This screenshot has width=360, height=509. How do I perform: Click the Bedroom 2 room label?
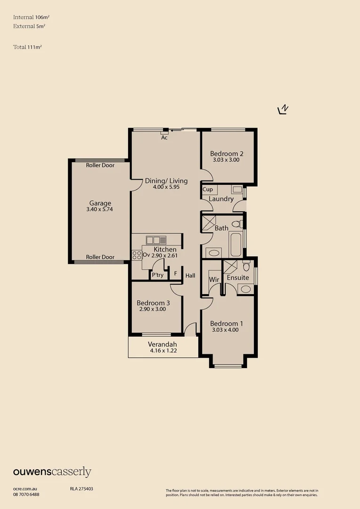[227, 154]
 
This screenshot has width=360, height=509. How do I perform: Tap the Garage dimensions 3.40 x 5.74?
[100, 209]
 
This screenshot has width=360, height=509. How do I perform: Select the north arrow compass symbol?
[283, 110]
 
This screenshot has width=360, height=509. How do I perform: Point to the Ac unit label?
[164, 138]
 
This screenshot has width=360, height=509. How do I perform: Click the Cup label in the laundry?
[207, 189]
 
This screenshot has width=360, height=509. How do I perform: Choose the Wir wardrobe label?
[214, 279]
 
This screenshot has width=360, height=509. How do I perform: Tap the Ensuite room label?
[238, 278]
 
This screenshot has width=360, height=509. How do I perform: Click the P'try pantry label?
[157, 275]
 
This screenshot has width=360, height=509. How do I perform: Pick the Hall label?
[190, 276]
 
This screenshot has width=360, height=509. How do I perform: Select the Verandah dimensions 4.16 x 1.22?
[163, 351]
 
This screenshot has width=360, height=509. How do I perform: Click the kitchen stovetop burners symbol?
[137, 255]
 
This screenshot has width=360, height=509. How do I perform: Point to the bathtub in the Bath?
[235, 243]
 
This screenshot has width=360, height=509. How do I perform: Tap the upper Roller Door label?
[100, 165]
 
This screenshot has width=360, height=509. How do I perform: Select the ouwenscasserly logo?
[52, 472]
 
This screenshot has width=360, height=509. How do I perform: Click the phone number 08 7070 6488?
[26, 494]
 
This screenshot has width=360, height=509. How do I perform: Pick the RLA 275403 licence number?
[78, 489]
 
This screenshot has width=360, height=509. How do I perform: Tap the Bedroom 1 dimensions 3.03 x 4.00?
[225, 330]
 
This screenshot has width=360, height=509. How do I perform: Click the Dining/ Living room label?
[166, 181]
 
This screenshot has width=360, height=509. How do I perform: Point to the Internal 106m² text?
[32, 17]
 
